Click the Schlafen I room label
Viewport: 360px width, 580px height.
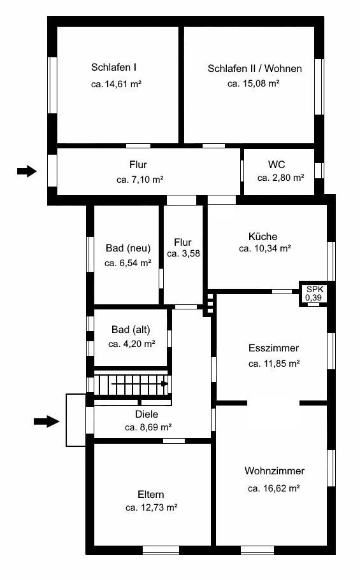pos(113,67)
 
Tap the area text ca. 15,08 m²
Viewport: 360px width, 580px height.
pos(254,83)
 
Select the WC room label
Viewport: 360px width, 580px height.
pos(277,164)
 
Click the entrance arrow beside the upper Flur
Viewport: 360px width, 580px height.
pos(27,171)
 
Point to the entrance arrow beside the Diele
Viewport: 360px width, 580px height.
pos(47,421)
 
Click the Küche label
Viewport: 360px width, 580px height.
pos(263,236)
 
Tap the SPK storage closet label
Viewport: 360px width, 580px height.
pos(315,289)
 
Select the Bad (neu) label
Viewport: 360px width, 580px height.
pos(128,248)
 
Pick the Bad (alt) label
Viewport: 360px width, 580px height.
pos(131,330)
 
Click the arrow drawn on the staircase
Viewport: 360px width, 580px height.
pos(140,383)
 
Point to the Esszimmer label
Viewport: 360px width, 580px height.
pos(274,348)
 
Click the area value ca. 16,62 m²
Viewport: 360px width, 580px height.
pos(274,488)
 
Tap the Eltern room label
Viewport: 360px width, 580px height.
pos(151,495)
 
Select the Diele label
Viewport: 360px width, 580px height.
pos(147,414)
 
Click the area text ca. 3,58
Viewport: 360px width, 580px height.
pos(184,254)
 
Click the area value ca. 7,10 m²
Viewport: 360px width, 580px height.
pos(140,180)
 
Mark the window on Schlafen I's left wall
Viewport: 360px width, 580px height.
pos(53,85)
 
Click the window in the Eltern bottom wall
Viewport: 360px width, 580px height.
pos(161,550)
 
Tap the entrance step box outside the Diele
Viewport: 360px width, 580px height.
pos(76,420)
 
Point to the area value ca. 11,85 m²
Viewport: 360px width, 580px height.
pos(274,364)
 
